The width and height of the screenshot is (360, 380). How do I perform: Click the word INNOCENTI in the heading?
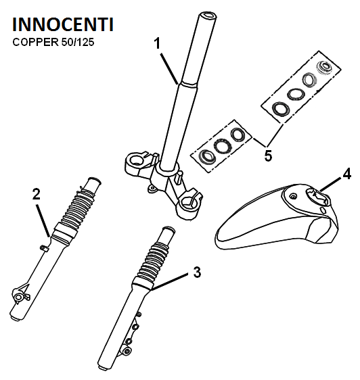(x=63, y=24)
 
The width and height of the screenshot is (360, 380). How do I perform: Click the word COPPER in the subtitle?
(x=35, y=43)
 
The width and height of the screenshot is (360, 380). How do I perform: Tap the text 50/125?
(x=78, y=43)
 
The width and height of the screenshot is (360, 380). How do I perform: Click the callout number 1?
(x=158, y=44)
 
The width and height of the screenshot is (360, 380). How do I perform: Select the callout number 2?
(x=37, y=194)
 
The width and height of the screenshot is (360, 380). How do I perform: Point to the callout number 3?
(x=197, y=272)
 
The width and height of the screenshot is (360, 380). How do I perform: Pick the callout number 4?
(x=347, y=174)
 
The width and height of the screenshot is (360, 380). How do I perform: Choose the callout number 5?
(x=268, y=156)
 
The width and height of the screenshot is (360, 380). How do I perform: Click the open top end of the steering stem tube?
(x=208, y=16)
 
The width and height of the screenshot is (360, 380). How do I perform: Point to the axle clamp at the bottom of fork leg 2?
(x=19, y=295)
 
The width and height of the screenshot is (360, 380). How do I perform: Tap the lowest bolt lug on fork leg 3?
(x=127, y=351)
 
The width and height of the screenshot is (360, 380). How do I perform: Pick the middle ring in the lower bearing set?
(x=223, y=145)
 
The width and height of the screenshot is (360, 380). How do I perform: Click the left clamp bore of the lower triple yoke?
(x=135, y=160)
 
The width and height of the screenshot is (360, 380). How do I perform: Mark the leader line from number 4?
(x=331, y=184)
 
